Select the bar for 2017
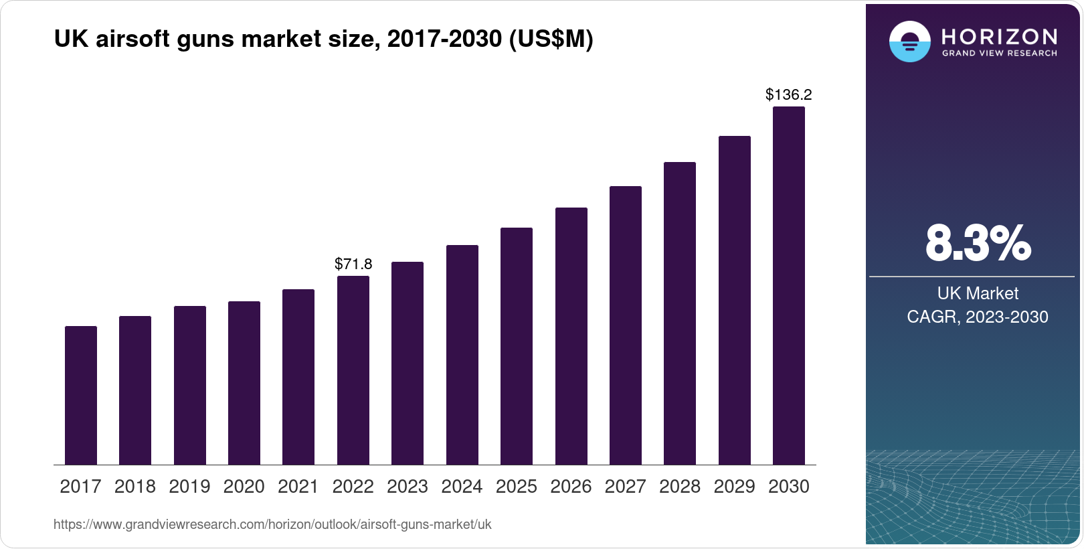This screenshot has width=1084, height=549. pos(81,395)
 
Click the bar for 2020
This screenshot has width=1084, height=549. pos(244,383)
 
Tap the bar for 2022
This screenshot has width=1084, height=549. pos(353,370)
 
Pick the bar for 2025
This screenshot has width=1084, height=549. pos(517,346)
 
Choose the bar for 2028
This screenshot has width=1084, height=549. pos(680,313)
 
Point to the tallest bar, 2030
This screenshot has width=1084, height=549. pos(789,285)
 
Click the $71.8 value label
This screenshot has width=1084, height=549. pos(353,264)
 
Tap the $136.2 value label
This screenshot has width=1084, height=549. pos(789,94)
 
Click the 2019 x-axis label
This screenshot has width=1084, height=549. pos(189,486)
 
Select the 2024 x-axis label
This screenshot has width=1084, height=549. pos(462,486)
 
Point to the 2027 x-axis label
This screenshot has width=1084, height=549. pos(625,486)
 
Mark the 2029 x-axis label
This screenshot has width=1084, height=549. pos(734,486)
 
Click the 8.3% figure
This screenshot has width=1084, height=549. pos(978,243)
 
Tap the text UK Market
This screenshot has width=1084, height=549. pos(978,293)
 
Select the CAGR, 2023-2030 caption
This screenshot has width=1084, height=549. pos(978,317)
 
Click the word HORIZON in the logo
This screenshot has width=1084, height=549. pos(1000,36)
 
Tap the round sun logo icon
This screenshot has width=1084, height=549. pos(909,42)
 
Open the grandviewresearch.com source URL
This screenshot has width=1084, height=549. pos(272,524)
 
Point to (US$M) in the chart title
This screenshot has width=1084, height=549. pos(551,39)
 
